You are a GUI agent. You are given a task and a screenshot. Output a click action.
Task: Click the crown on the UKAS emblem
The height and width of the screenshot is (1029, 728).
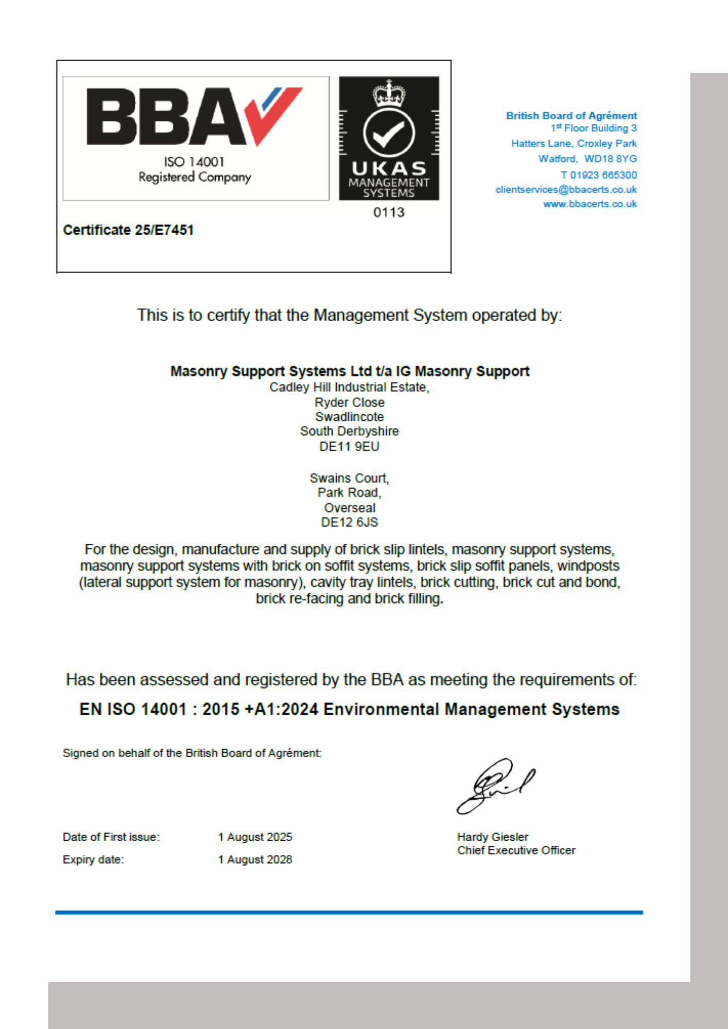coord(389,94)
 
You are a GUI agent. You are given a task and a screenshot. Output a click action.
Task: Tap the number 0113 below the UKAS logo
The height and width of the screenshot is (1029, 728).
coord(389,212)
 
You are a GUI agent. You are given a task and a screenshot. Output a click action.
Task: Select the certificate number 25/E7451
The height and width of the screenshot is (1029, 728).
coord(164,230)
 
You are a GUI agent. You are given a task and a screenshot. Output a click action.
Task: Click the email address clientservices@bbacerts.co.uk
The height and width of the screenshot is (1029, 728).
coord(566,190)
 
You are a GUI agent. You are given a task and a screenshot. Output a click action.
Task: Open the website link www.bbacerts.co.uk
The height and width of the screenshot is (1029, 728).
coord(590,204)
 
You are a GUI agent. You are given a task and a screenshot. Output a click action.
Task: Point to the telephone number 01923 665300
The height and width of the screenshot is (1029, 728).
coord(603,175)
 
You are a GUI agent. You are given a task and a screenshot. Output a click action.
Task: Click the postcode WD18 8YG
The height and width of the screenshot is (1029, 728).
coord(610,159)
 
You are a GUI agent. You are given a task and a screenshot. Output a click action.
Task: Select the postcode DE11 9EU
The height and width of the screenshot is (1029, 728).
coord(349,447)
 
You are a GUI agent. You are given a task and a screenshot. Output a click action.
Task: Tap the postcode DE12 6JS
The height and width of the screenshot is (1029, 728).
coord(349,522)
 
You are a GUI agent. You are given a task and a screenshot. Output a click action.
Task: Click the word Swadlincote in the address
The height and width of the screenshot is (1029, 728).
coord(349,417)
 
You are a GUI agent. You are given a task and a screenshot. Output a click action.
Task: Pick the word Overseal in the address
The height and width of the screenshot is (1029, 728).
coord(349,508)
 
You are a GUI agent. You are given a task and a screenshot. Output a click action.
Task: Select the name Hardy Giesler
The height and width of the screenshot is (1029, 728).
coord(492,837)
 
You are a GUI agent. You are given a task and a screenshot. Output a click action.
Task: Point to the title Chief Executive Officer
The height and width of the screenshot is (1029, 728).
coord(516,850)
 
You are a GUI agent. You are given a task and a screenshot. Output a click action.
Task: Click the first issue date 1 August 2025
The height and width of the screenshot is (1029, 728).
coord(255,837)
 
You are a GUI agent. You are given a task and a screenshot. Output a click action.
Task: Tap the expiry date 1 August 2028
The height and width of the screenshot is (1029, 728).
coord(255,860)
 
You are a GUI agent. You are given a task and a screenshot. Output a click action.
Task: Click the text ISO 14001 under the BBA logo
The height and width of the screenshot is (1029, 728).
coord(194,162)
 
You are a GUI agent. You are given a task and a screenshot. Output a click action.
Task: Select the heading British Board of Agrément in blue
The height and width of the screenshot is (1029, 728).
coord(571,116)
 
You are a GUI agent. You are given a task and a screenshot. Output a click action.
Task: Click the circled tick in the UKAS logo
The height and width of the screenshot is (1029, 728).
coord(389,133)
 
